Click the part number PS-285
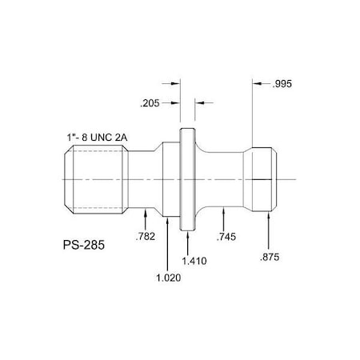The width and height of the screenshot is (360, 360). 83,239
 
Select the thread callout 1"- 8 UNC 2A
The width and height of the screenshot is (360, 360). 98,138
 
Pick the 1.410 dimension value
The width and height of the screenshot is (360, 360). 193,261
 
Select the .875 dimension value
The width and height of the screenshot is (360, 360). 270,258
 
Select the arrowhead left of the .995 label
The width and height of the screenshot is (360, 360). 258,82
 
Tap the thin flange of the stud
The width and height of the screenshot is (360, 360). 186,178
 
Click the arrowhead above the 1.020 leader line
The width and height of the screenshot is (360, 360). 166,221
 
